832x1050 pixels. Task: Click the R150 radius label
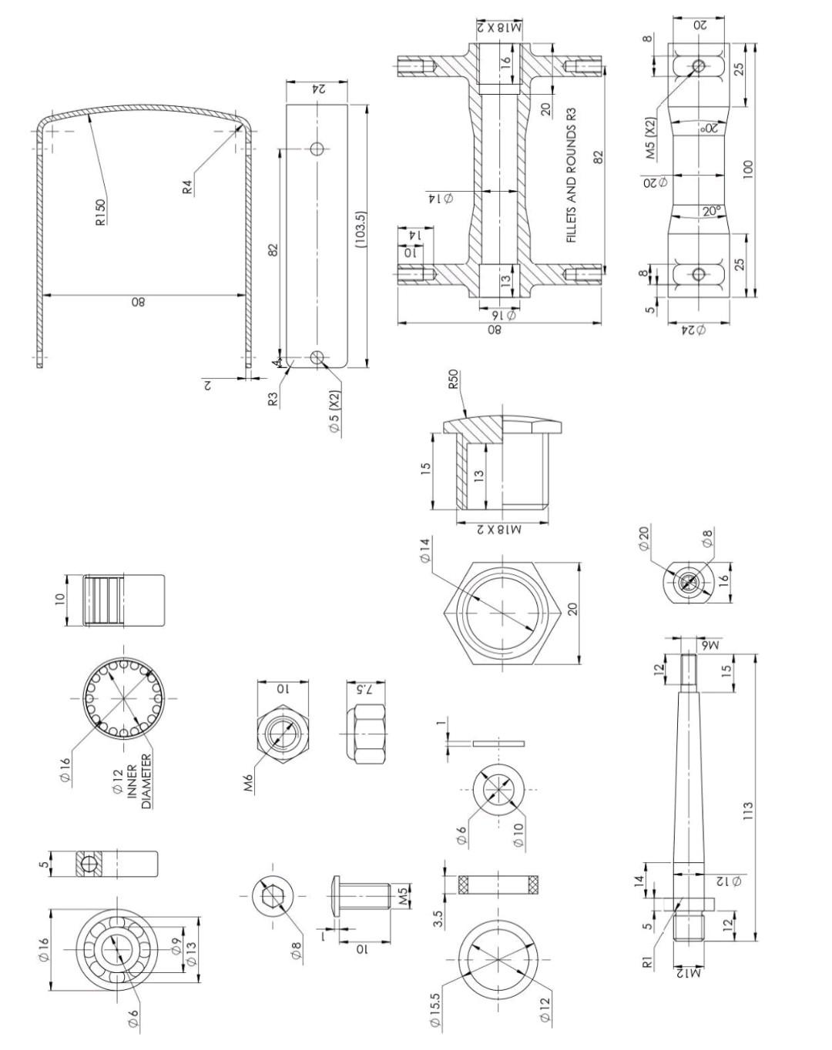pos(100,212)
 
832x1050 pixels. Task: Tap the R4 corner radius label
pos(187,185)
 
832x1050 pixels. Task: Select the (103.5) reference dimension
pos(360,230)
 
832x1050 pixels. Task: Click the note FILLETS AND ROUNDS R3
pos(572,176)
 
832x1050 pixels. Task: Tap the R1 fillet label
pos(648,961)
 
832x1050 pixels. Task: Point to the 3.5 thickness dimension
pos(438,919)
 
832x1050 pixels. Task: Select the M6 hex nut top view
pos(282,734)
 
